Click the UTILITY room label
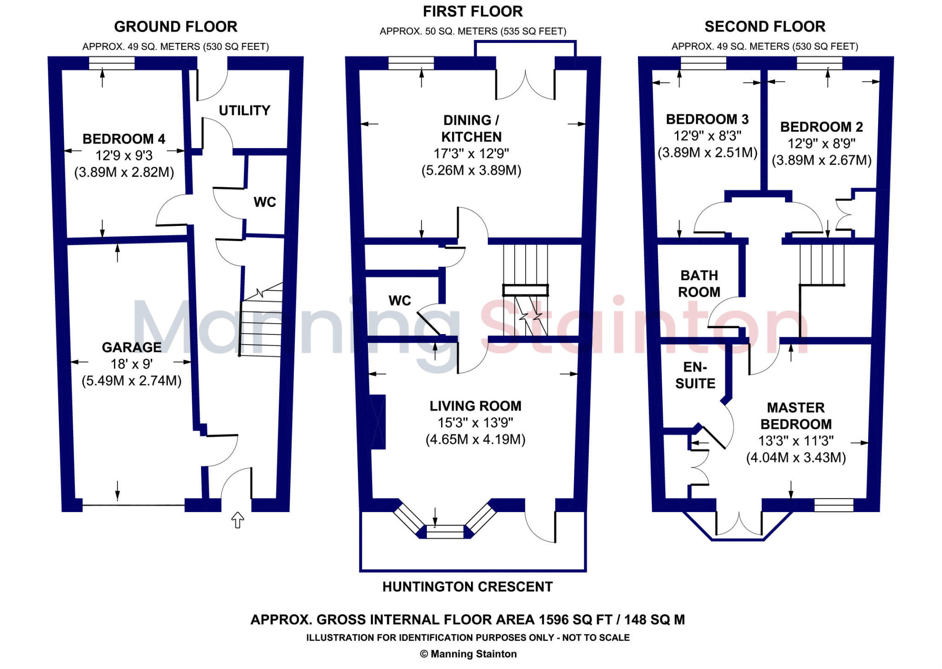pyautogui.click(x=244, y=110)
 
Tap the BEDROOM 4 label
pyautogui.click(x=124, y=138)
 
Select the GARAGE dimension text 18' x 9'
pyautogui.click(x=132, y=364)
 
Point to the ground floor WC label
pyautogui.click(x=264, y=202)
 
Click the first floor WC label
pyautogui.click(x=399, y=300)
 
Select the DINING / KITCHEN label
pyautogui.click(x=471, y=128)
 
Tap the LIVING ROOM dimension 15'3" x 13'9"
pyautogui.click(x=475, y=422)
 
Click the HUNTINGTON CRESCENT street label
pyautogui.click(x=467, y=587)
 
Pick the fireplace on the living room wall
pyautogui.click(x=378, y=421)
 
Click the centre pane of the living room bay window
pyautogui.click(x=445, y=531)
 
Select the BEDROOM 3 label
pyautogui.click(x=707, y=119)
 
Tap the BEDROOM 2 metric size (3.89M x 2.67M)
pyautogui.click(x=821, y=160)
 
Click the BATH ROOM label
pyautogui.click(x=699, y=283)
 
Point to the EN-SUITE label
pyautogui.click(x=695, y=375)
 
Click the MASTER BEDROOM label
pyautogui.click(x=796, y=415)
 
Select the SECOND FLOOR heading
pyautogui.click(x=764, y=27)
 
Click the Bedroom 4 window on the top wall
pyautogui.click(x=112, y=63)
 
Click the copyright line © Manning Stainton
pyautogui.click(x=468, y=654)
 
